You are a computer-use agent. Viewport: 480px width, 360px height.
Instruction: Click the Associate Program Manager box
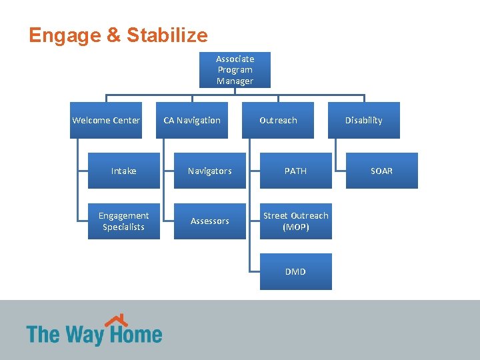[x=235, y=70]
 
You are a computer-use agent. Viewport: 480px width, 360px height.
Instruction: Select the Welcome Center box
[x=106, y=121]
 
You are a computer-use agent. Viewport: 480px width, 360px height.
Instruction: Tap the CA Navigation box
[x=192, y=121]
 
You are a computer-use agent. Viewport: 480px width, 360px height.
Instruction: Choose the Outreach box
[x=278, y=121]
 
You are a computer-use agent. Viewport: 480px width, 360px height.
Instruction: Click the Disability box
[x=363, y=121]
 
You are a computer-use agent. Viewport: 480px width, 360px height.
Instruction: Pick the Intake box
[x=124, y=171]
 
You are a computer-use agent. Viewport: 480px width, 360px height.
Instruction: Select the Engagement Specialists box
[x=124, y=221]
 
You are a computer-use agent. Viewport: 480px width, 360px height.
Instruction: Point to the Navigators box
[x=210, y=171]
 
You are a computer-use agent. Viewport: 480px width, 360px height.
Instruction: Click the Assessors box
[x=210, y=221]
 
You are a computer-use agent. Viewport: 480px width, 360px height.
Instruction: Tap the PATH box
[x=295, y=171]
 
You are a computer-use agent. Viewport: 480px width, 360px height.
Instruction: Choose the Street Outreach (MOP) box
[x=295, y=221]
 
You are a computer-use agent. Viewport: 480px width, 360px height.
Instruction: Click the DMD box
[x=295, y=272]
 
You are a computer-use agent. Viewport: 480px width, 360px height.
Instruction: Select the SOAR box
[x=381, y=171]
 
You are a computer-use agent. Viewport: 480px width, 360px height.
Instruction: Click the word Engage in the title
[x=65, y=35]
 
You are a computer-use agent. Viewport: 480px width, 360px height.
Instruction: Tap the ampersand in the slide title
[x=113, y=35]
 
